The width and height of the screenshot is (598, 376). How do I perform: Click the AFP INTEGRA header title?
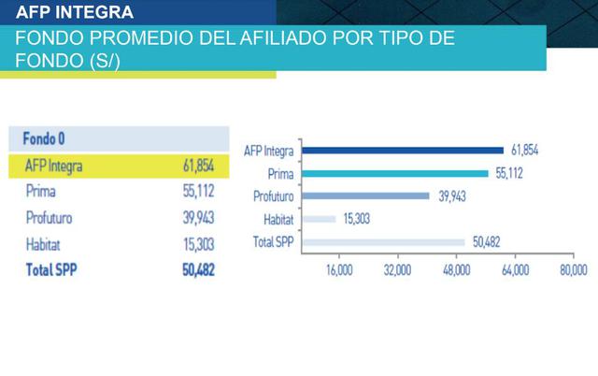pyautogui.click(x=75, y=13)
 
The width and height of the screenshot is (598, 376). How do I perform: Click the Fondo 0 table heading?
pyautogui.click(x=44, y=138)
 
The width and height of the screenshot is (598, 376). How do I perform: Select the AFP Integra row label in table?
pyautogui.click(x=54, y=166)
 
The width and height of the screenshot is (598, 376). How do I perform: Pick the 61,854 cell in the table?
pyautogui.click(x=198, y=166)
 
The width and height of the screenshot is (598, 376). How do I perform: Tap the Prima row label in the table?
pyautogui.click(x=42, y=192)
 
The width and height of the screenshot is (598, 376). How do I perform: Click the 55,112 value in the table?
pyautogui.click(x=198, y=192)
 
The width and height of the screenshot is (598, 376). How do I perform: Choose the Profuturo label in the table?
pyautogui.click(x=50, y=218)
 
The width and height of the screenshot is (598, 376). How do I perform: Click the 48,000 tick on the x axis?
pyautogui.click(x=456, y=270)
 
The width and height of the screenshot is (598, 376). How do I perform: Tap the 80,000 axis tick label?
pyautogui.click(x=573, y=270)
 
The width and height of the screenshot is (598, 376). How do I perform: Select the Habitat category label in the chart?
pyautogui.click(x=278, y=219)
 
